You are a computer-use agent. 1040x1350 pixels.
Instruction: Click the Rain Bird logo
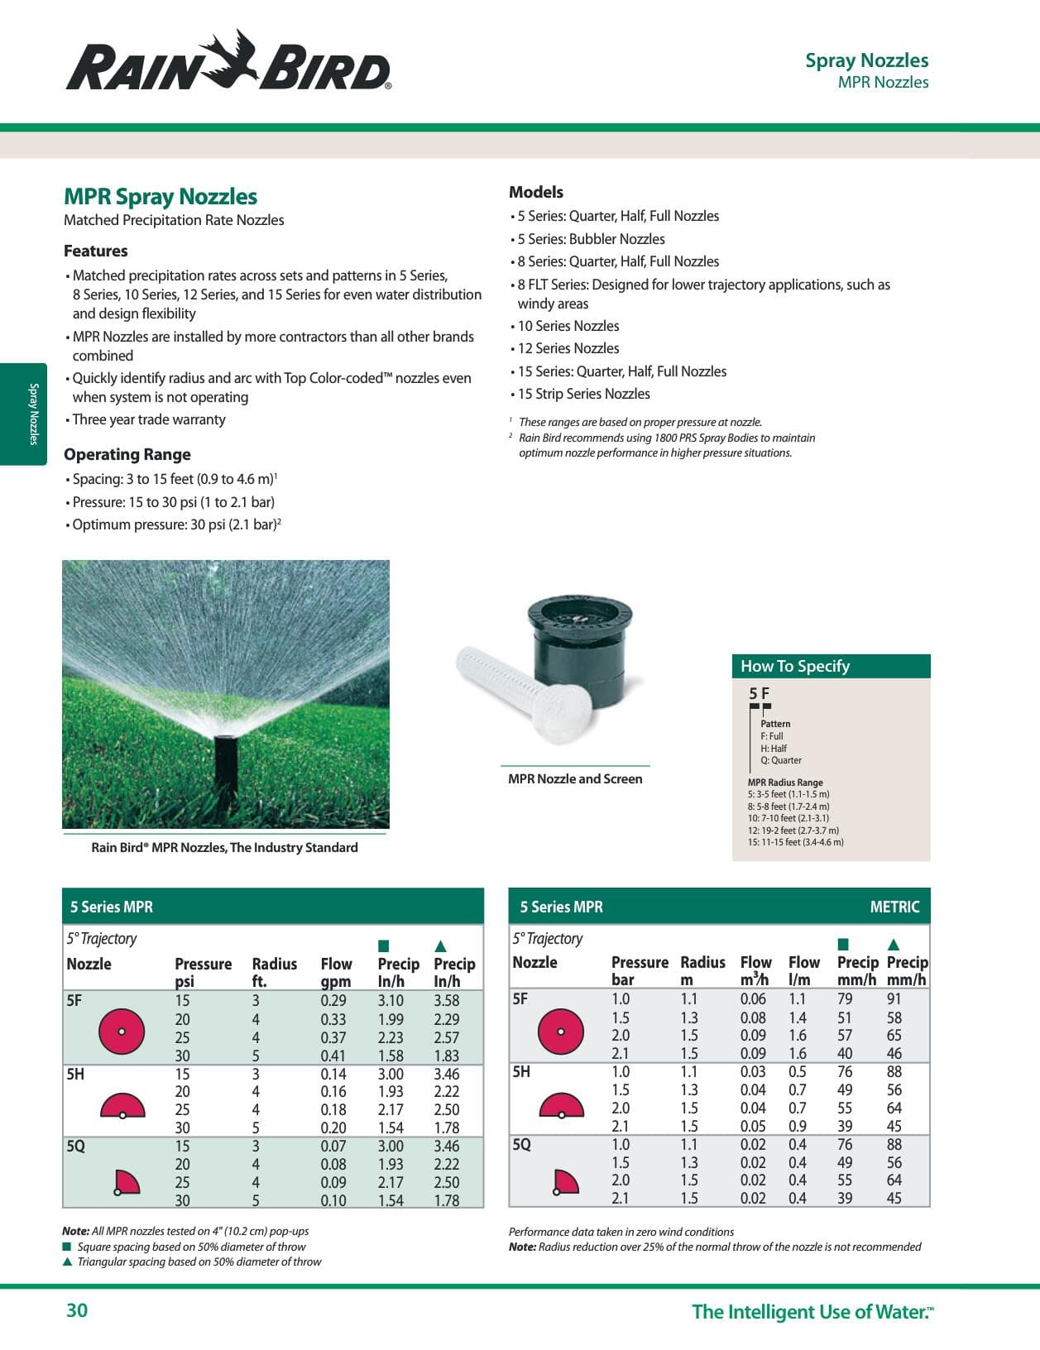pyautogui.click(x=228, y=61)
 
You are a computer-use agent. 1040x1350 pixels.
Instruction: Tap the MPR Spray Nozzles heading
pyautogui.click(x=161, y=197)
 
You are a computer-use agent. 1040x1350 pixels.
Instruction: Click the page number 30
pyautogui.click(x=77, y=1310)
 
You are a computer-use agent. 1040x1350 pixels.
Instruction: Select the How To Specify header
pyautogui.click(x=795, y=666)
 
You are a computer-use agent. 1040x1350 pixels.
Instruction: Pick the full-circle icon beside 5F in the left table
pyautogui.click(x=122, y=1032)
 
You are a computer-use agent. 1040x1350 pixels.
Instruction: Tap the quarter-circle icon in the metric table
pyautogui.click(x=565, y=1182)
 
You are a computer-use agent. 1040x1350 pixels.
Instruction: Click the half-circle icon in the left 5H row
pyautogui.click(x=122, y=1106)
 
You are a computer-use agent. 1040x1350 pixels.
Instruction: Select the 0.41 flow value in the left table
pyautogui.click(x=333, y=1056)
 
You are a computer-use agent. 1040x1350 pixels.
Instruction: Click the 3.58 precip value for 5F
pyautogui.click(x=446, y=1000)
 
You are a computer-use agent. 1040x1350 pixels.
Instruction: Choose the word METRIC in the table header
pyautogui.click(x=894, y=907)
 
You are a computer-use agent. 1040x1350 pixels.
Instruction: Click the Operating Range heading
pyautogui.click(x=127, y=454)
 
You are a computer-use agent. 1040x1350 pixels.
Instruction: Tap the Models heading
pyautogui.click(x=536, y=192)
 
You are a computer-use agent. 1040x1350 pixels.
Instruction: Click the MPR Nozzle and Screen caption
pyautogui.click(x=575, y=778)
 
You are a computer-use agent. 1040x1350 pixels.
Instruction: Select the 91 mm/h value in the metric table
pyautogui.click(x=894, y=998)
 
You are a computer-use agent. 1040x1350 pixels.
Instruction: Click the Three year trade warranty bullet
pyautogui.click(x=149, y=419)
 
